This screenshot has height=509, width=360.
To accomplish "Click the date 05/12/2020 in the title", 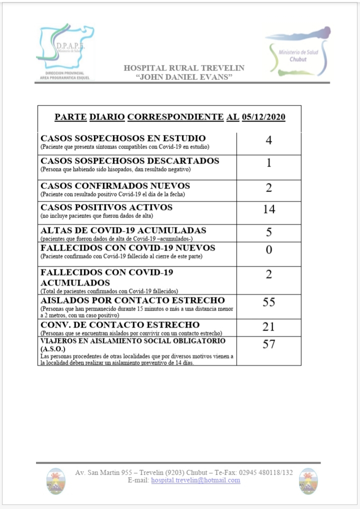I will point(263,117).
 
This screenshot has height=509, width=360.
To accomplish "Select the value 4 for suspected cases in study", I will point(268,140).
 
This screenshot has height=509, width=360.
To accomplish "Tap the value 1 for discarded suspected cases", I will point(268,163).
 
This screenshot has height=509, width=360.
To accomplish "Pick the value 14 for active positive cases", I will point(269,209).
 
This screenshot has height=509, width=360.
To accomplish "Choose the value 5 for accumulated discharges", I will point(269,232).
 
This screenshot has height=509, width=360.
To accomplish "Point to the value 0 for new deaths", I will point(268,250).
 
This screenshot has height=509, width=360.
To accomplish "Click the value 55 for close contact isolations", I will point(269,302).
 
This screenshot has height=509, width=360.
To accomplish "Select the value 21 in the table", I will point(269,327).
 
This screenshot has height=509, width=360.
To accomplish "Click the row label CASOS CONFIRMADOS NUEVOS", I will point(115,186).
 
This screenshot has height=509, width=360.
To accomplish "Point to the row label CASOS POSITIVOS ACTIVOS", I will point(106,207).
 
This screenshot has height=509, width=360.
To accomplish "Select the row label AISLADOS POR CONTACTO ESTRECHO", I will point(132,300).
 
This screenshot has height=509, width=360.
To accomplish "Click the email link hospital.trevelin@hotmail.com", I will point(195,480).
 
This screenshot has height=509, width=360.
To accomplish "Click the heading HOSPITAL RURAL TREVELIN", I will point(184,68).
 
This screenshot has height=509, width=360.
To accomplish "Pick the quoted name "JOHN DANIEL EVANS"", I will point(184,77).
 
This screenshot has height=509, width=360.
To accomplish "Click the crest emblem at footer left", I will point(55,480).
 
